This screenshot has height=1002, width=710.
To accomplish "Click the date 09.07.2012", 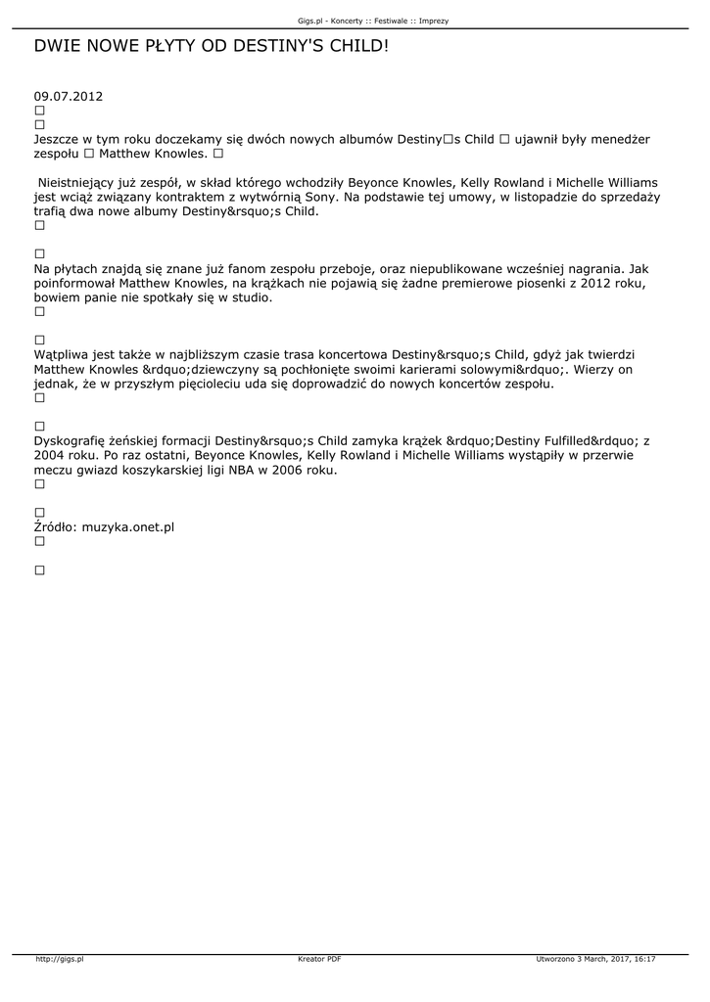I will point(68,97).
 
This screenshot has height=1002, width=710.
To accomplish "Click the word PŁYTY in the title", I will point(175,46).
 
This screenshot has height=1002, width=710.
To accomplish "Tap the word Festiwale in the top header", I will point(390,20).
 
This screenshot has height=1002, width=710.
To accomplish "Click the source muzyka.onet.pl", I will point(128,527).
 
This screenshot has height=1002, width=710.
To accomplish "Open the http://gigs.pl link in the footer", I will point(60,960).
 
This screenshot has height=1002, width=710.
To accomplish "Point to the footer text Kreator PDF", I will point(319,960).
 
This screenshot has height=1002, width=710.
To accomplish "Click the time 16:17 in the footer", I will point(644,960).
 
